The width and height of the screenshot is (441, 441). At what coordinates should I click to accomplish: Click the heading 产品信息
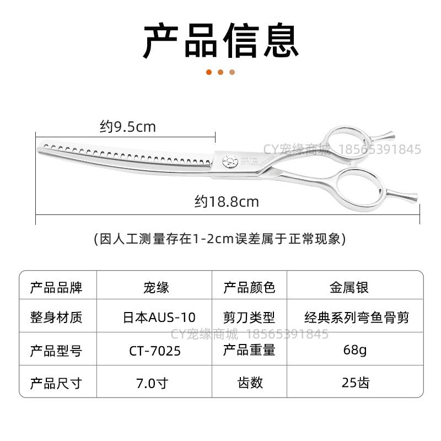click(220, 41)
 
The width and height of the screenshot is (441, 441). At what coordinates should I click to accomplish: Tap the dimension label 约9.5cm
click(128, 127)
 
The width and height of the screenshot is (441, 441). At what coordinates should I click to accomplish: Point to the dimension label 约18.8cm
click(227, 202)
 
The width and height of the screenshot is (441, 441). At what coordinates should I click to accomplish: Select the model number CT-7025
click(155, 351)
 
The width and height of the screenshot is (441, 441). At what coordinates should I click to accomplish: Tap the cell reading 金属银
click(349, 287)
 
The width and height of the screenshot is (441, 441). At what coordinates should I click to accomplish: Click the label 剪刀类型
click(249, 318)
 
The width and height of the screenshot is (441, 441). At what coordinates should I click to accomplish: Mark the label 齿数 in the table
click(250, 383)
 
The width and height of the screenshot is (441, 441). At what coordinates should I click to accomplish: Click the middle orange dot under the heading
click(220, 72)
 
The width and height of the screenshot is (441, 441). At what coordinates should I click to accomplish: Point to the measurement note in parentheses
click(220, 239)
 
